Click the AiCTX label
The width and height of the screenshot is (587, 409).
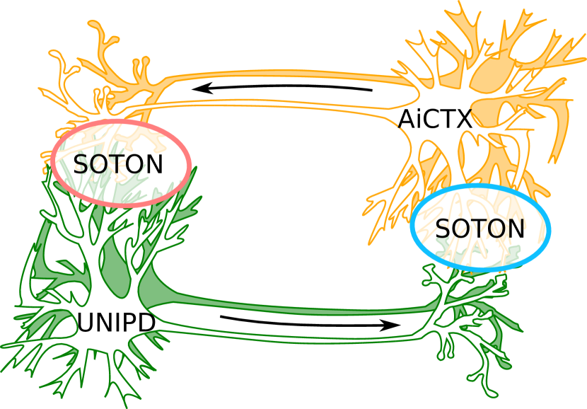tap(435, 119)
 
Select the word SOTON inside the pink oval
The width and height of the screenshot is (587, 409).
tap(118, 164)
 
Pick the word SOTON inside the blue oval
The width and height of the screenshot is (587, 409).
tap(480, 229)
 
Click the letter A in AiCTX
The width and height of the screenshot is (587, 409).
tap(407, 119)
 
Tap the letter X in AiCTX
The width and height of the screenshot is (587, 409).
tap(463, 119)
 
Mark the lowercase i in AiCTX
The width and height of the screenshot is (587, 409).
tap(419, 119)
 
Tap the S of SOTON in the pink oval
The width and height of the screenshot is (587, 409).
tap(81, 164)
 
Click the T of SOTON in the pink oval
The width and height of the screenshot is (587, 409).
tap(118, 164)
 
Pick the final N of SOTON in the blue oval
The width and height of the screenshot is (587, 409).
tap(516, 229)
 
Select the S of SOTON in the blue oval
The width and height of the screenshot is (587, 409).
tap(443, 229)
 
